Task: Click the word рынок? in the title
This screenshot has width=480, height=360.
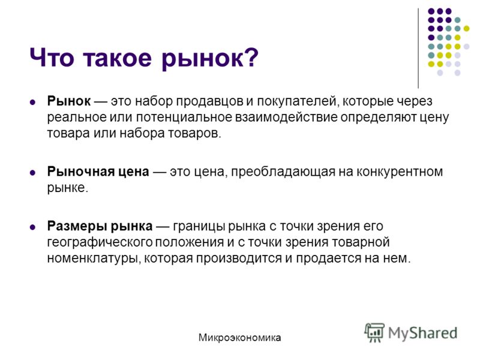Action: (210, 58)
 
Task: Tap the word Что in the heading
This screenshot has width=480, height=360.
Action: (52, 57)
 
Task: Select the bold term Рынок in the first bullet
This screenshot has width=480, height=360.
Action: (69, 101)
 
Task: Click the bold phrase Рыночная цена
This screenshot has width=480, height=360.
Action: (98, 172)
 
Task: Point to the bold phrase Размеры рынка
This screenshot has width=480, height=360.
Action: (100, 226)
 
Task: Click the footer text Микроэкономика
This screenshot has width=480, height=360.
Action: (239, 338)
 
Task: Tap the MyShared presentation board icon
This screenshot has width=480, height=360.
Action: (374, 332)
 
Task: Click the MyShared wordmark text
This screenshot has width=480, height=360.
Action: (423, 333)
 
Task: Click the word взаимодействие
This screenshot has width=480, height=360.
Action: (286, 117)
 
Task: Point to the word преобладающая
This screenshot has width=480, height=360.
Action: (283, 172)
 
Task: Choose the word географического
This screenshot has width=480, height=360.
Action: (100, 242)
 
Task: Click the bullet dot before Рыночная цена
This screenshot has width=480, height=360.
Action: (32, 173)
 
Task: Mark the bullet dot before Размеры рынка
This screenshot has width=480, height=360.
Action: (32, 227)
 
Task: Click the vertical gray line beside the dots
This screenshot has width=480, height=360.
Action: (418, 49)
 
